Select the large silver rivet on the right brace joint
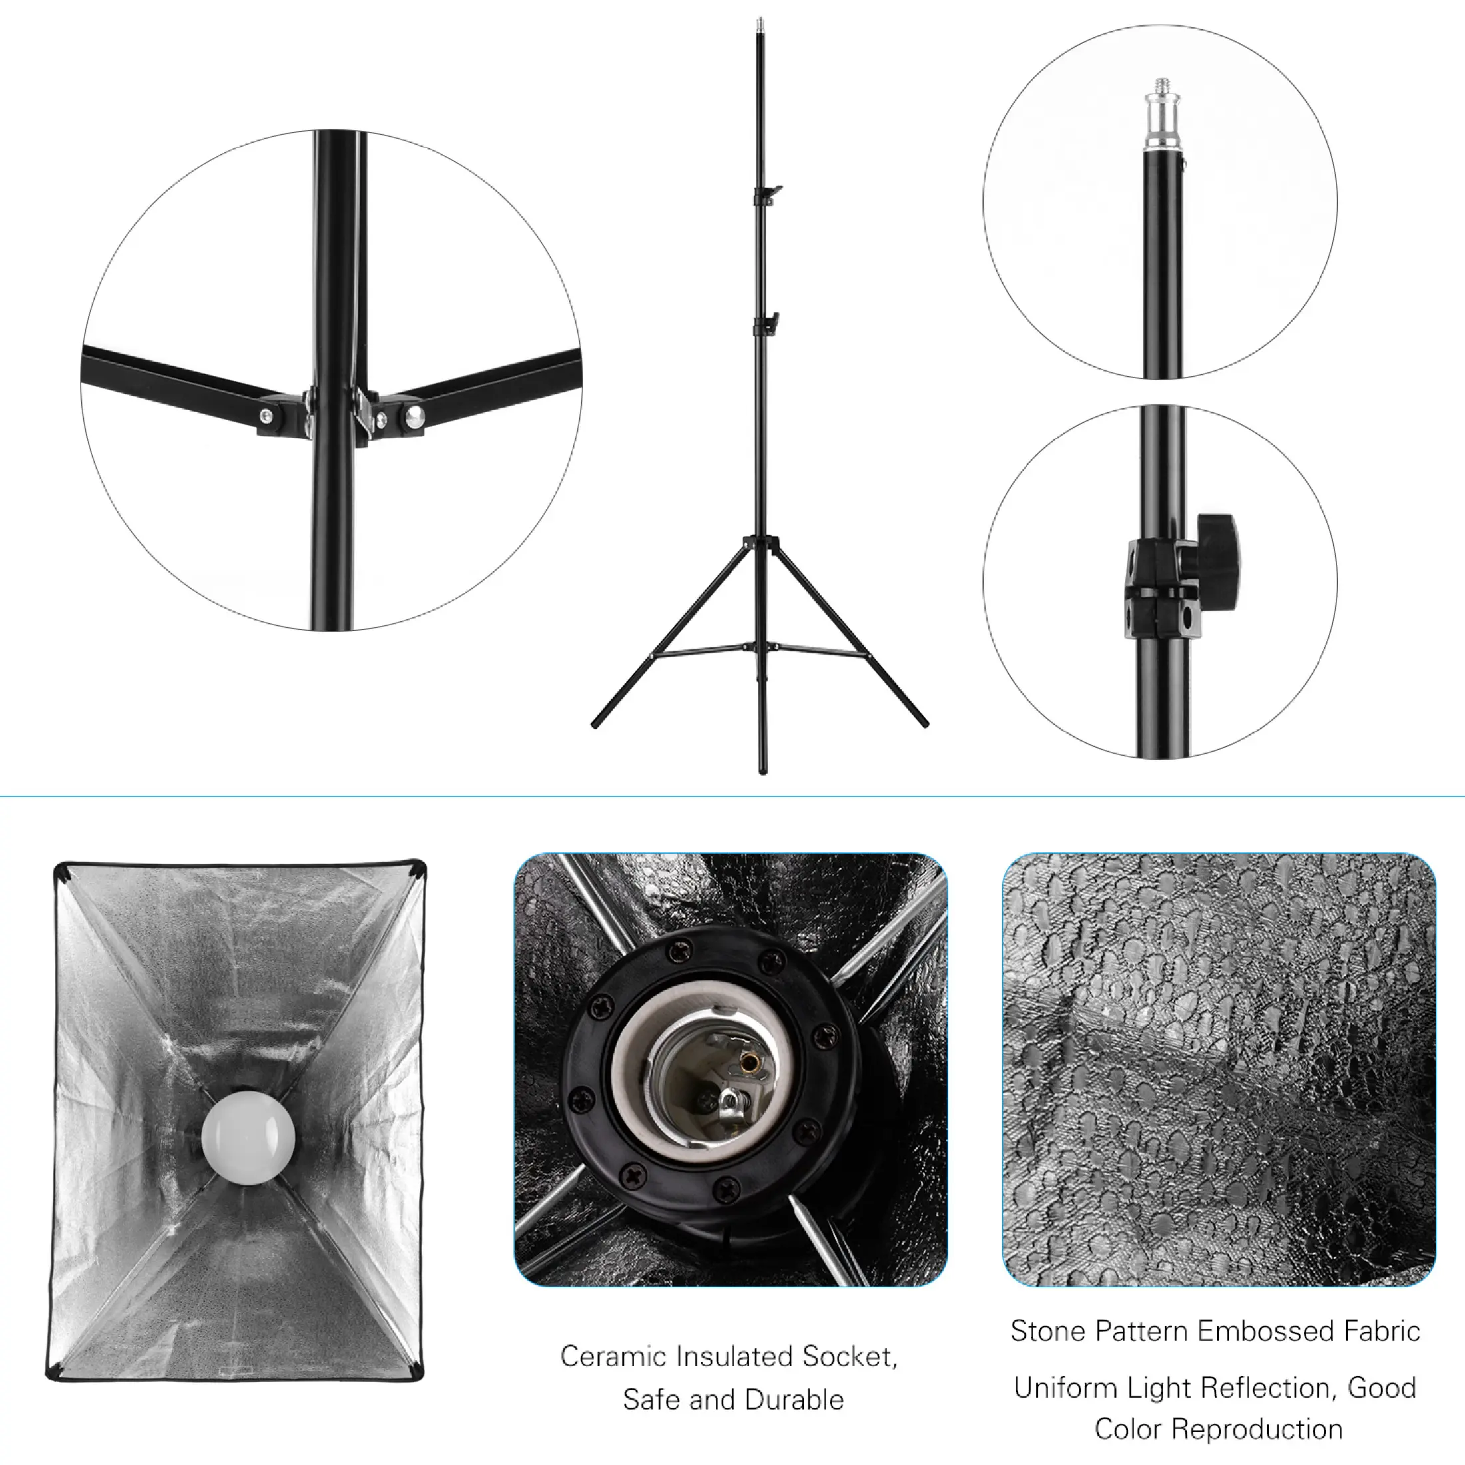[415, 415]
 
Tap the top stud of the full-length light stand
[760, 25]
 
